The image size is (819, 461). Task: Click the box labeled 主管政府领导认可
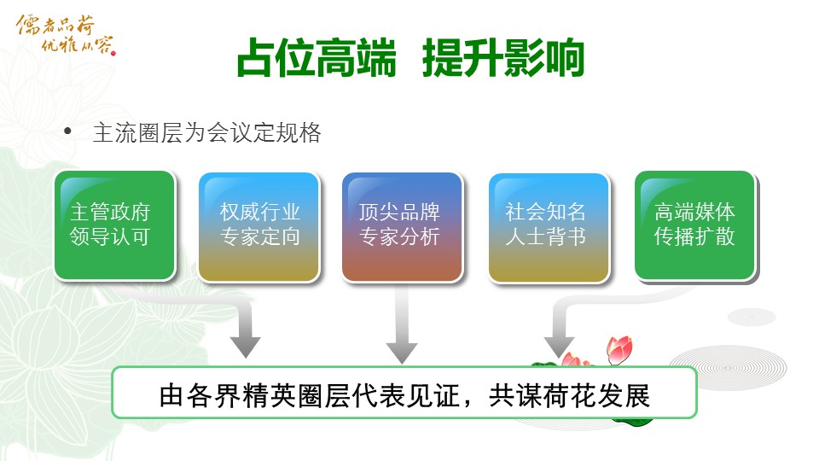click(114, 225)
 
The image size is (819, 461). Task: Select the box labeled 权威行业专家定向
click(259, 227)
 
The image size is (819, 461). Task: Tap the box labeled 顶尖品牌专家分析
click(402, 227)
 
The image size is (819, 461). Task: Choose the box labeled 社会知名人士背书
click(549, 227)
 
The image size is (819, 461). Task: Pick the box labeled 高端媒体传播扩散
click(695, 225)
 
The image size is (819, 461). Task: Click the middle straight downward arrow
click(401, 324)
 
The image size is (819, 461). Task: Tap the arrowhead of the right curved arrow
click(559, 347)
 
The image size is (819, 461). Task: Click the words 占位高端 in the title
click(317, 58)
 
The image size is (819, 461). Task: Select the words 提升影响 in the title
click(503, 58)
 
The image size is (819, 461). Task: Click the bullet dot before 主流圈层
click(67, 131)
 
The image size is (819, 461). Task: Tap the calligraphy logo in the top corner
click(66, 34)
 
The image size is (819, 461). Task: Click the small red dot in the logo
click(113, 52)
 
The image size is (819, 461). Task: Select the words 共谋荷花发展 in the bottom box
click(569, 395)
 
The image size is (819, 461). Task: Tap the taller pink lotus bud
click(619, 349)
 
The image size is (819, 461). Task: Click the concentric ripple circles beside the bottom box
click(729, 368)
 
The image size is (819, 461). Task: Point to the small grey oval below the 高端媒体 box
click(752, 317)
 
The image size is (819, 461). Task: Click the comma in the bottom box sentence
click(468, 404)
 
